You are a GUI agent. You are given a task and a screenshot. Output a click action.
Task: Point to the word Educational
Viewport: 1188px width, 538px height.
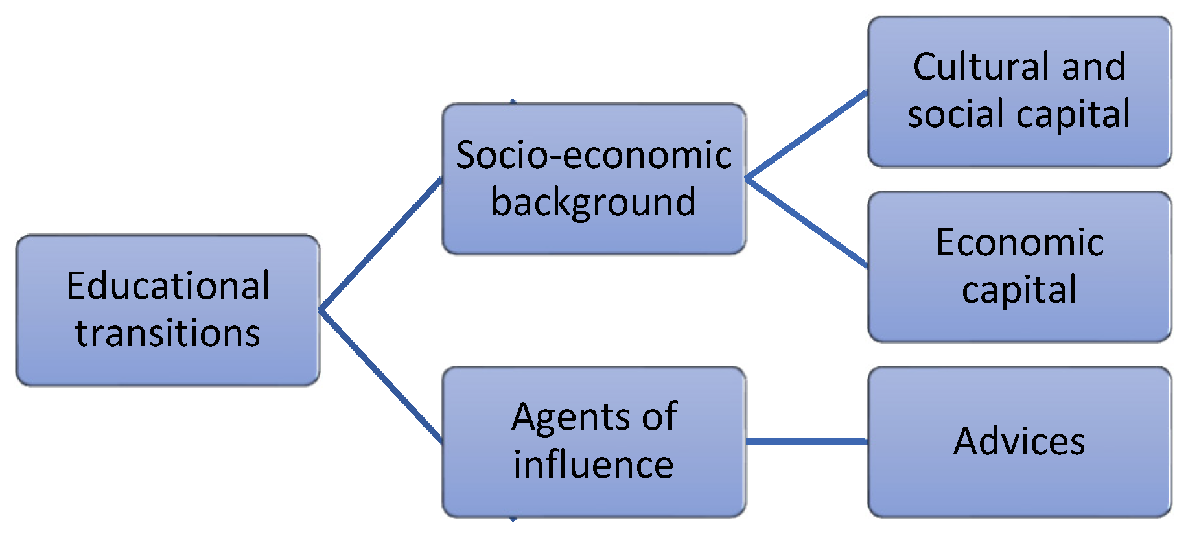pyautogui.click(x=168, y=286)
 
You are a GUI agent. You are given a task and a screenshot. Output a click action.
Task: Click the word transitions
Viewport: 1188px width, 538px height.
pyautogui.click(x=168, y=333)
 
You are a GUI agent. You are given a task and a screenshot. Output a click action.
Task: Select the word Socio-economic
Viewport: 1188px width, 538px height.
pyautogui.click(x=594, y=155)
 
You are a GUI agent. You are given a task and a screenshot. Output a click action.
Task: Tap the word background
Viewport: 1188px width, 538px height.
pyautogui.click(x=594, y=202)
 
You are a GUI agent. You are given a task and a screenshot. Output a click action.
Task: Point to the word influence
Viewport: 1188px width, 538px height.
pyautogui.click(x=594, y=464)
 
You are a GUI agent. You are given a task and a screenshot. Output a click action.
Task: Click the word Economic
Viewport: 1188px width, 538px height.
pyautogui.click(x=1019, y=242)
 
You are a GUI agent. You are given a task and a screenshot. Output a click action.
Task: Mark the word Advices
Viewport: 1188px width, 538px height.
pyautogui.click(x=1019, y=441)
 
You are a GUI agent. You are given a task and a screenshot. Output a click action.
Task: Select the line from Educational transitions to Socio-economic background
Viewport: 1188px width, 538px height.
pyautogui.click(x=381, y=244)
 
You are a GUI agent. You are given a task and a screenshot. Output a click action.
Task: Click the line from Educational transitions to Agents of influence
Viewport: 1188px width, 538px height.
pyautogui.click(x=381, y=376)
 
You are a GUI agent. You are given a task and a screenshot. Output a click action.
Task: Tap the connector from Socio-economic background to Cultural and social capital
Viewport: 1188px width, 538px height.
pyautogui.click(x=806, y=135)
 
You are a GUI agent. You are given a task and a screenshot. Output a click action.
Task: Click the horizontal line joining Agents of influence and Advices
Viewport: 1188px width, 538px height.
pyautogui.click(x=806, y=441)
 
